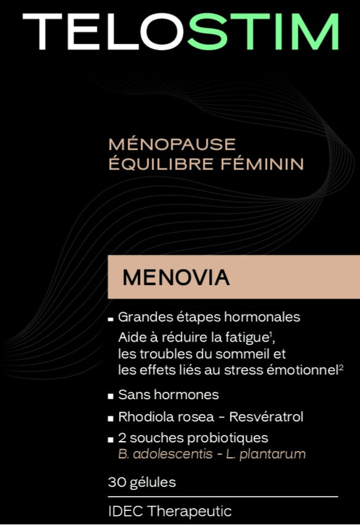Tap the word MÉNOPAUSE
coord(172,144)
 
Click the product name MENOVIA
coord(176,278)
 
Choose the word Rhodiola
coord(141,417)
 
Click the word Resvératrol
coord(266,417)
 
